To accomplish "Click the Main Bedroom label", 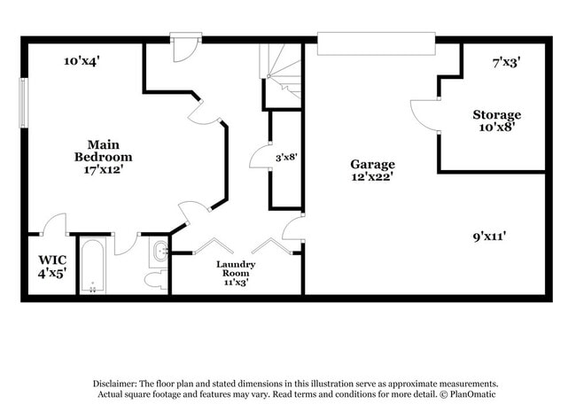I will point(110,151).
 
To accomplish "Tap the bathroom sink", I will point(160,252).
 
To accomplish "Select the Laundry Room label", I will point(236,269).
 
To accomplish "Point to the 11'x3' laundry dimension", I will point(236,283).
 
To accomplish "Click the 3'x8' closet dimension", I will point(285,157).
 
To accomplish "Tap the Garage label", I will point(372,164).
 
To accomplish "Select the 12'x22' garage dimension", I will point(372,176).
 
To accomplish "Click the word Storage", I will point(496,115).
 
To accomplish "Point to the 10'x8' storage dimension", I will point(496,127).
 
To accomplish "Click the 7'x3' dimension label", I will point(506,62).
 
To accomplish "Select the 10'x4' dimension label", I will point(82,61).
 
